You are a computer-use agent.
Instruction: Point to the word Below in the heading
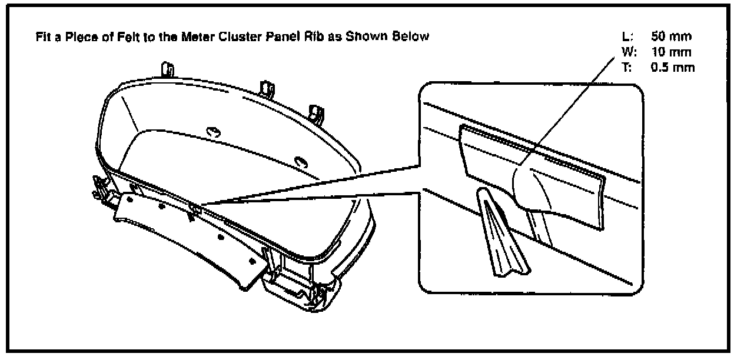(414, 37)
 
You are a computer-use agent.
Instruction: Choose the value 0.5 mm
(673, 67)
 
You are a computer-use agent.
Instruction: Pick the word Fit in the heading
(44, 37)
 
